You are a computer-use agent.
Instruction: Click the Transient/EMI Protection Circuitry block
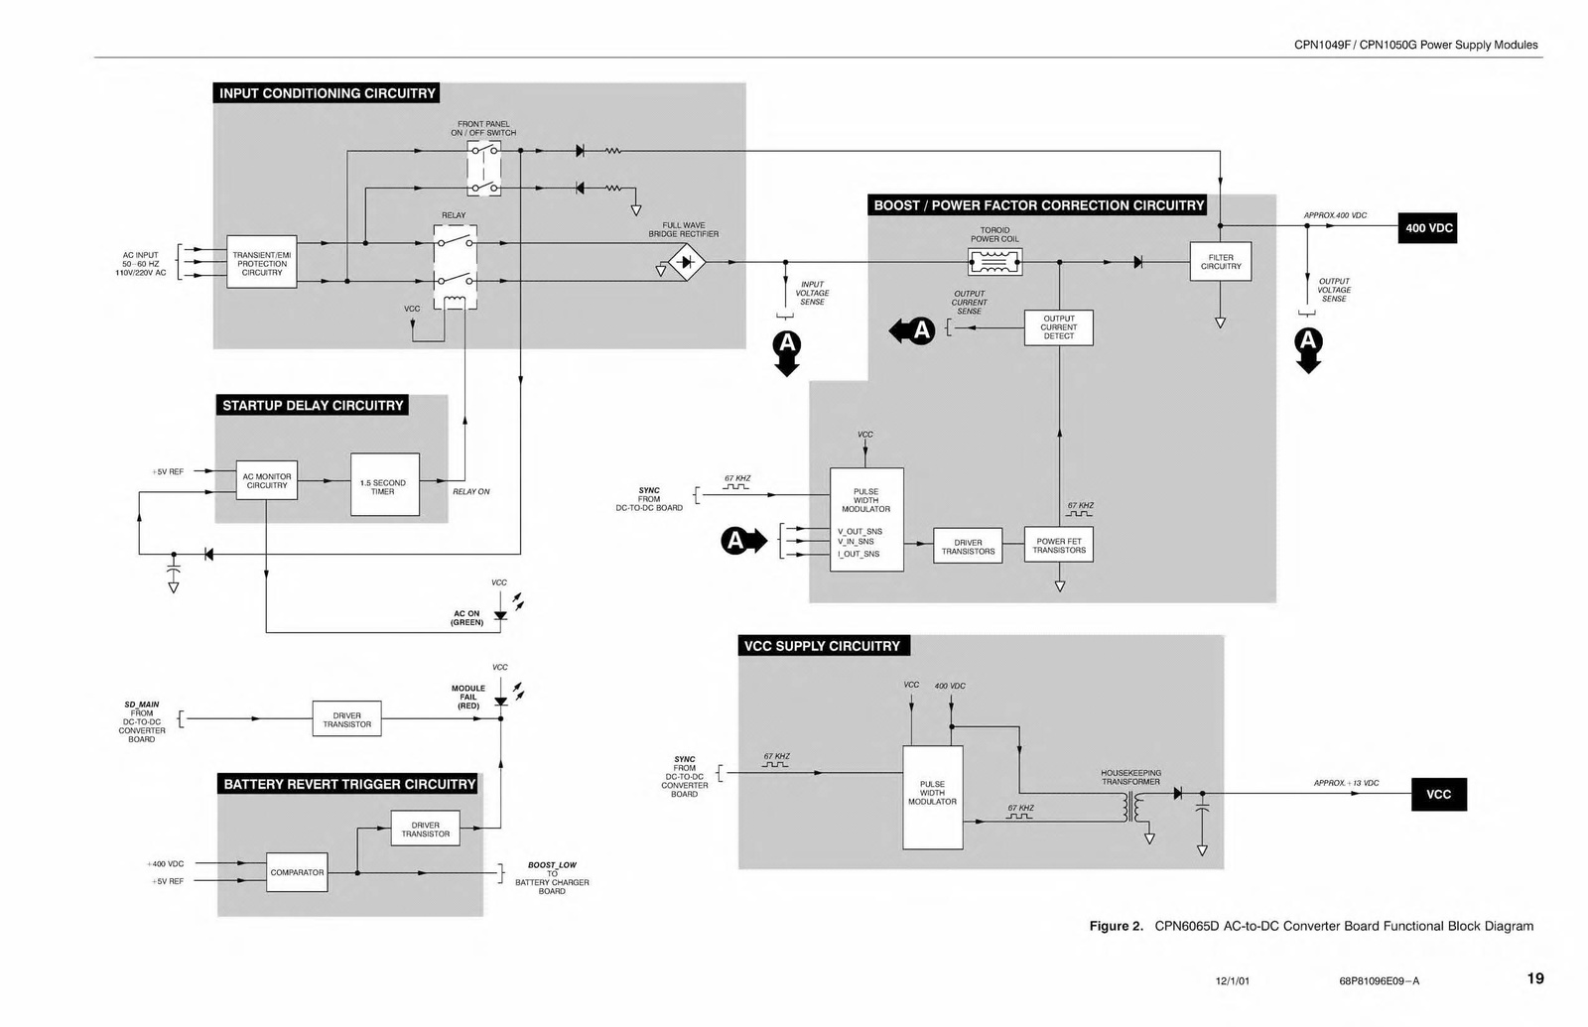point(262,263)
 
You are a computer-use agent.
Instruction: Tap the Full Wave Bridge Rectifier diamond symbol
point(686,263)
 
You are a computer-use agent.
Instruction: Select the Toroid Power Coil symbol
point(994,262)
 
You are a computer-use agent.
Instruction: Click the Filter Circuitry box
point(1220,262)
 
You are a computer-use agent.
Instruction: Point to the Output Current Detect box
point(1058,327)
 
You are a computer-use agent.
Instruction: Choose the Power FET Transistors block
point(1059,546)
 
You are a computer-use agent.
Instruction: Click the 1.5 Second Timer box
point(384,485)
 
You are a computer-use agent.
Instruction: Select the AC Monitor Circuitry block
point(267,481)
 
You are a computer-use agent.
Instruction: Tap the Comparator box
point(297,872)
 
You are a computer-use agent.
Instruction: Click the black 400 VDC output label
point(1428,228)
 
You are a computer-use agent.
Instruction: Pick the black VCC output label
point(1438,795)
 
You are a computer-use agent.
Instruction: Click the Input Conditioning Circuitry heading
point(327,93)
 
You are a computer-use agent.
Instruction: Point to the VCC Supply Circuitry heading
point(822,646)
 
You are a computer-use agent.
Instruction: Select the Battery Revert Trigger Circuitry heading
point(349,784)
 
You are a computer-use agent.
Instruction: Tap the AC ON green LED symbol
point(500,615)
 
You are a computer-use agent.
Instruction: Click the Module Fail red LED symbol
point(500,701)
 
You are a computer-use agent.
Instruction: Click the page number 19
point(1534,978)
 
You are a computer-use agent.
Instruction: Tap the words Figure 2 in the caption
point(1116,927)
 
